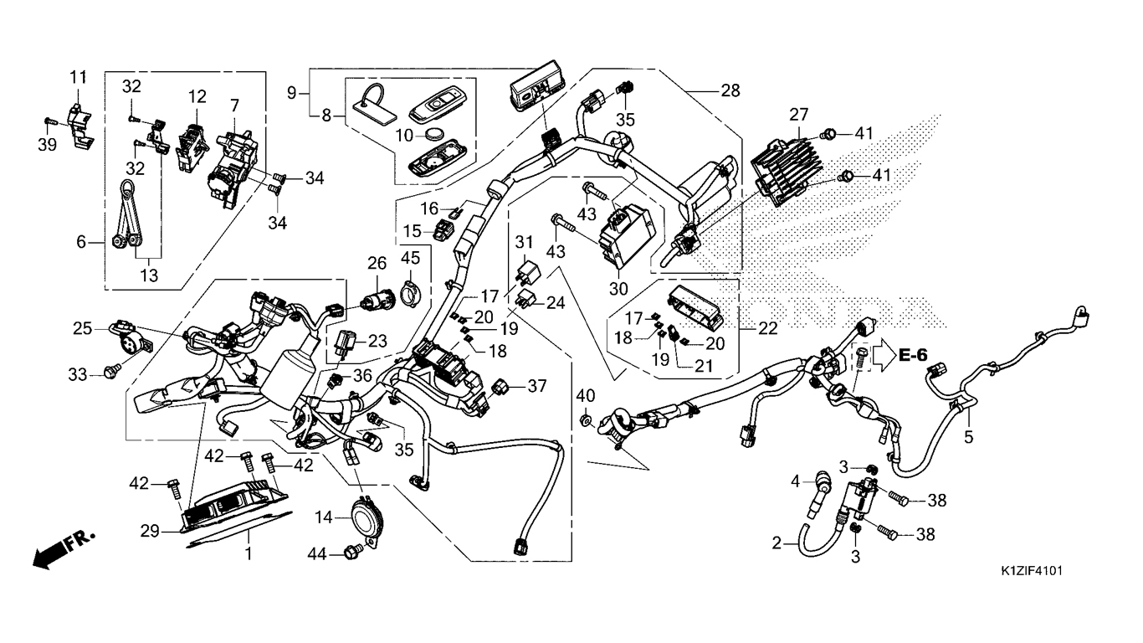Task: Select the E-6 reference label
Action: click(x=914, y=355)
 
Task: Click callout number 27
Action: click(x=798, y=115)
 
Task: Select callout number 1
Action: click(x=249, y=554)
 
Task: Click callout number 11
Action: click(x=78, y=78)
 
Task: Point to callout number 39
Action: click(x=48, y=145)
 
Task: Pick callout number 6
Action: click(x=81, y=242)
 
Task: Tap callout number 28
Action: click(x=730, y=91)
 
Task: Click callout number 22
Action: click(x=768, y=327)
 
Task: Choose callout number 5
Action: click(x=969, y=436)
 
